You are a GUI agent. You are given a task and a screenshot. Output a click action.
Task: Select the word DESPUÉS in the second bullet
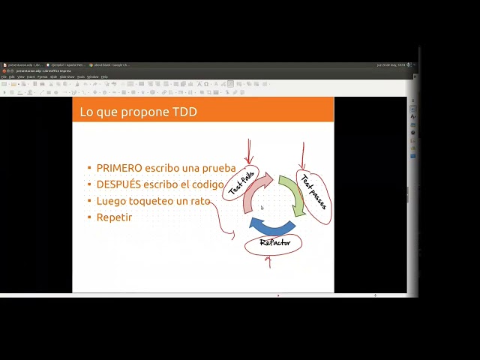[x=118, y=184]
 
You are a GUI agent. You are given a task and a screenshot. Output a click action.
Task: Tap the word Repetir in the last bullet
[x=114, y=217]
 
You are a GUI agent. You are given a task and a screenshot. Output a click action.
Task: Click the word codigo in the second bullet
[x=207, y=184]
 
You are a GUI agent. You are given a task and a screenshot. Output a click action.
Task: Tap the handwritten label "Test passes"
[x=314, y=190]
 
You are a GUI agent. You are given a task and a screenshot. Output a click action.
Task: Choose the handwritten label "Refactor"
[x=274, y=243]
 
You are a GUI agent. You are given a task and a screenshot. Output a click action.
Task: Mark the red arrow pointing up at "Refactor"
[x=269, y=262]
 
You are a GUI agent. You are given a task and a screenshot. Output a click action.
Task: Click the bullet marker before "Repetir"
[x=89, y=217]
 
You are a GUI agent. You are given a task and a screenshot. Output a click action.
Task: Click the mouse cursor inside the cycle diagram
[x=262, y=208]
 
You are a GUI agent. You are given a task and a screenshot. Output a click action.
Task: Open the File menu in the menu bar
[x=4, y=76]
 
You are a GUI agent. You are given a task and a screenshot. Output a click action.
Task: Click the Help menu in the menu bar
[x=104, y=76]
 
